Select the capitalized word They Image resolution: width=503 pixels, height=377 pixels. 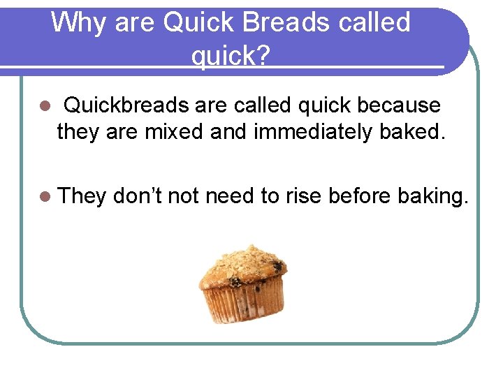pos(82,196)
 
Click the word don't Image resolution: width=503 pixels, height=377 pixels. pos(137,196)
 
